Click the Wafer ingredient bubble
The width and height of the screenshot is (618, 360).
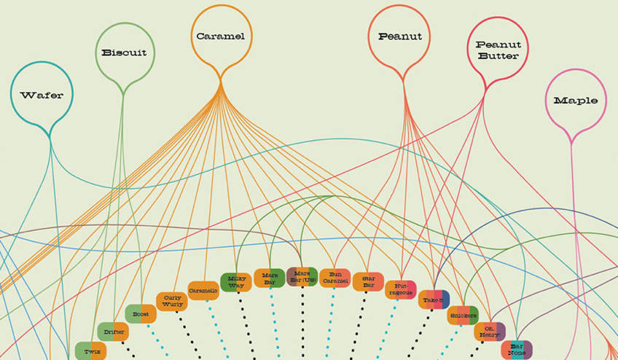pos(42,95)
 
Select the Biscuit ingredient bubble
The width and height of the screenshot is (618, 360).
pos(124,52)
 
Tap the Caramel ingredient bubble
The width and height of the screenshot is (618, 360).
pos(220,36)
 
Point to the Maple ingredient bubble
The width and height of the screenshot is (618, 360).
pos(575,100)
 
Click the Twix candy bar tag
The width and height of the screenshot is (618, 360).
pos(91,351)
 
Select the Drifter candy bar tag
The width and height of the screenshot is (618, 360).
pos(113,332)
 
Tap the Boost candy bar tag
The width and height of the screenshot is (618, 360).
pos(141,313)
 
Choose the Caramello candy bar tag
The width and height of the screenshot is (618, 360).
pos(203,290)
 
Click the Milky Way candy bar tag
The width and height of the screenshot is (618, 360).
pos(235,282)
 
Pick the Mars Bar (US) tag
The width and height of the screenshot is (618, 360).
pos(302,277)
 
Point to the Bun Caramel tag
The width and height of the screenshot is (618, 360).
pos(335,278)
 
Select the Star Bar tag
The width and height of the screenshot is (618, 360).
pos(368,281)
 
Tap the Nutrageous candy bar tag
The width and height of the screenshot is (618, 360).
pos(401,289)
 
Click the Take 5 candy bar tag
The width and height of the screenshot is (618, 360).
pos(434,300)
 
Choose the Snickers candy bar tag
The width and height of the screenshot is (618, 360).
pos(463,315)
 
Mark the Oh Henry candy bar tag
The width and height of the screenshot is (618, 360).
pos(490,332)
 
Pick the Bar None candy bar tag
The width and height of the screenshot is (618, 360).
pos(516,349)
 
